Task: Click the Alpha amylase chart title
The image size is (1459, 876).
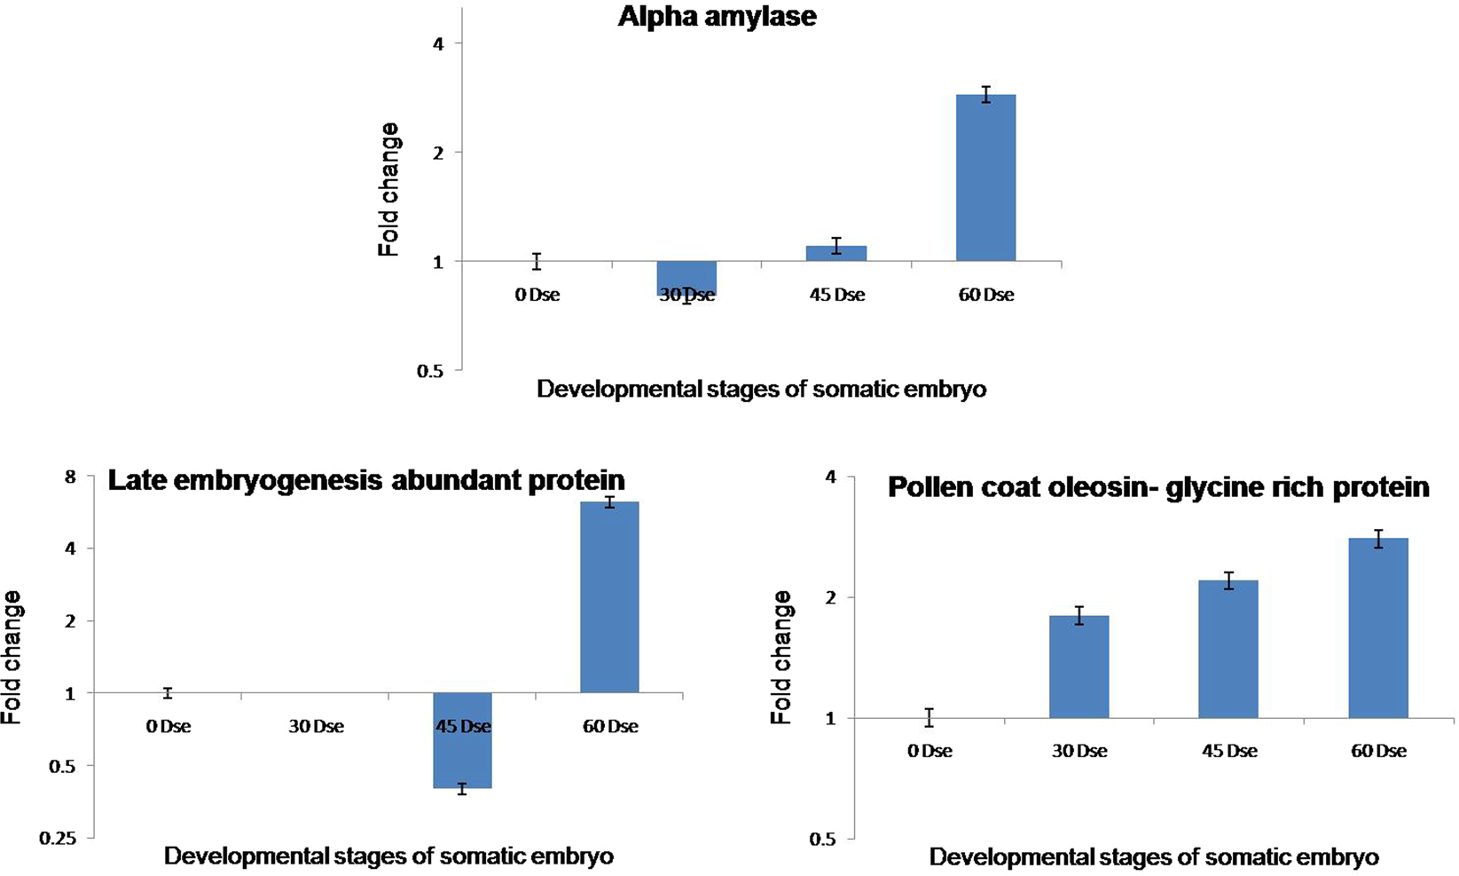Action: point(717,17)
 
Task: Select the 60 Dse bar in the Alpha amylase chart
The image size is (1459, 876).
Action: point(985,178)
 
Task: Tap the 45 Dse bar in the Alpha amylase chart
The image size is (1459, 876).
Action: point(836,253)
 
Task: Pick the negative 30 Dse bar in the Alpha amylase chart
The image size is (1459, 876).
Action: point(686,278)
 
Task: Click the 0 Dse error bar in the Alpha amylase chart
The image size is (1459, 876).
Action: point(537,261)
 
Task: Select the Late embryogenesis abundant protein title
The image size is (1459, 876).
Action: point(366,480)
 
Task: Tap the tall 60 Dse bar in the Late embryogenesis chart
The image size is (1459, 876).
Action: point(609,596)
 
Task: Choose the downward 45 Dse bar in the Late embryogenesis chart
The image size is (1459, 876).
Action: point(462,740)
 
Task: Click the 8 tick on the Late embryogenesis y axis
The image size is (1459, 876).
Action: point(70,477)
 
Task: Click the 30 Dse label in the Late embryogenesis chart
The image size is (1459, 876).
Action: point(316,727)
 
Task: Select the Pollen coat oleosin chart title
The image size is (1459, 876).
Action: point(1158,487)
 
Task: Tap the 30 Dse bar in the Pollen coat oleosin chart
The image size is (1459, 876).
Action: point(1079,667)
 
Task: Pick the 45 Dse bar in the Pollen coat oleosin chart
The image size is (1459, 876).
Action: point(1228,649)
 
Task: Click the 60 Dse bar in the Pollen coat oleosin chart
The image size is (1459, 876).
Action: point(1377,627)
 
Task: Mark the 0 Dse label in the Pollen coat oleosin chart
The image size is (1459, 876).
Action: point(930,752)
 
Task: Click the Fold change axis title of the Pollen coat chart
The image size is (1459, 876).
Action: point(781,658)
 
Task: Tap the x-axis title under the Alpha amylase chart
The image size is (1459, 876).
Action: point(761,390)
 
